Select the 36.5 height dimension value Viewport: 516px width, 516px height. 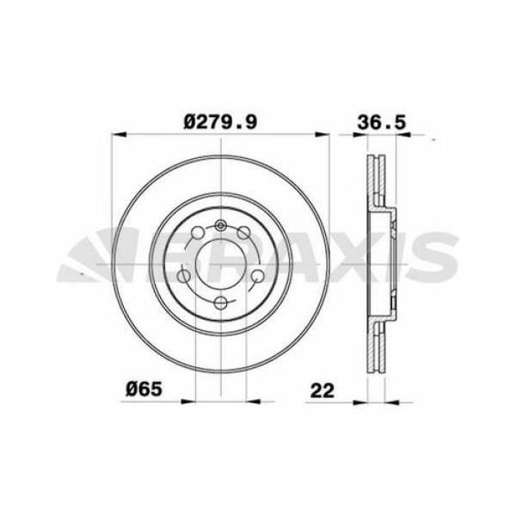(380, 121)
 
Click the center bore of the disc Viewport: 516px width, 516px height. (222, 264)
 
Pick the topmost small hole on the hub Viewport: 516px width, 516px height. (222, 226)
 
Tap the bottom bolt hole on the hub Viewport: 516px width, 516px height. (222, 302)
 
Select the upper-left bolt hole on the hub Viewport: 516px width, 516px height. (197, 232)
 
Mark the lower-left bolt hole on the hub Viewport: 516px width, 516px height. (184, 276)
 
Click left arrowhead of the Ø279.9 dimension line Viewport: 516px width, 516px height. (118, 134)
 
